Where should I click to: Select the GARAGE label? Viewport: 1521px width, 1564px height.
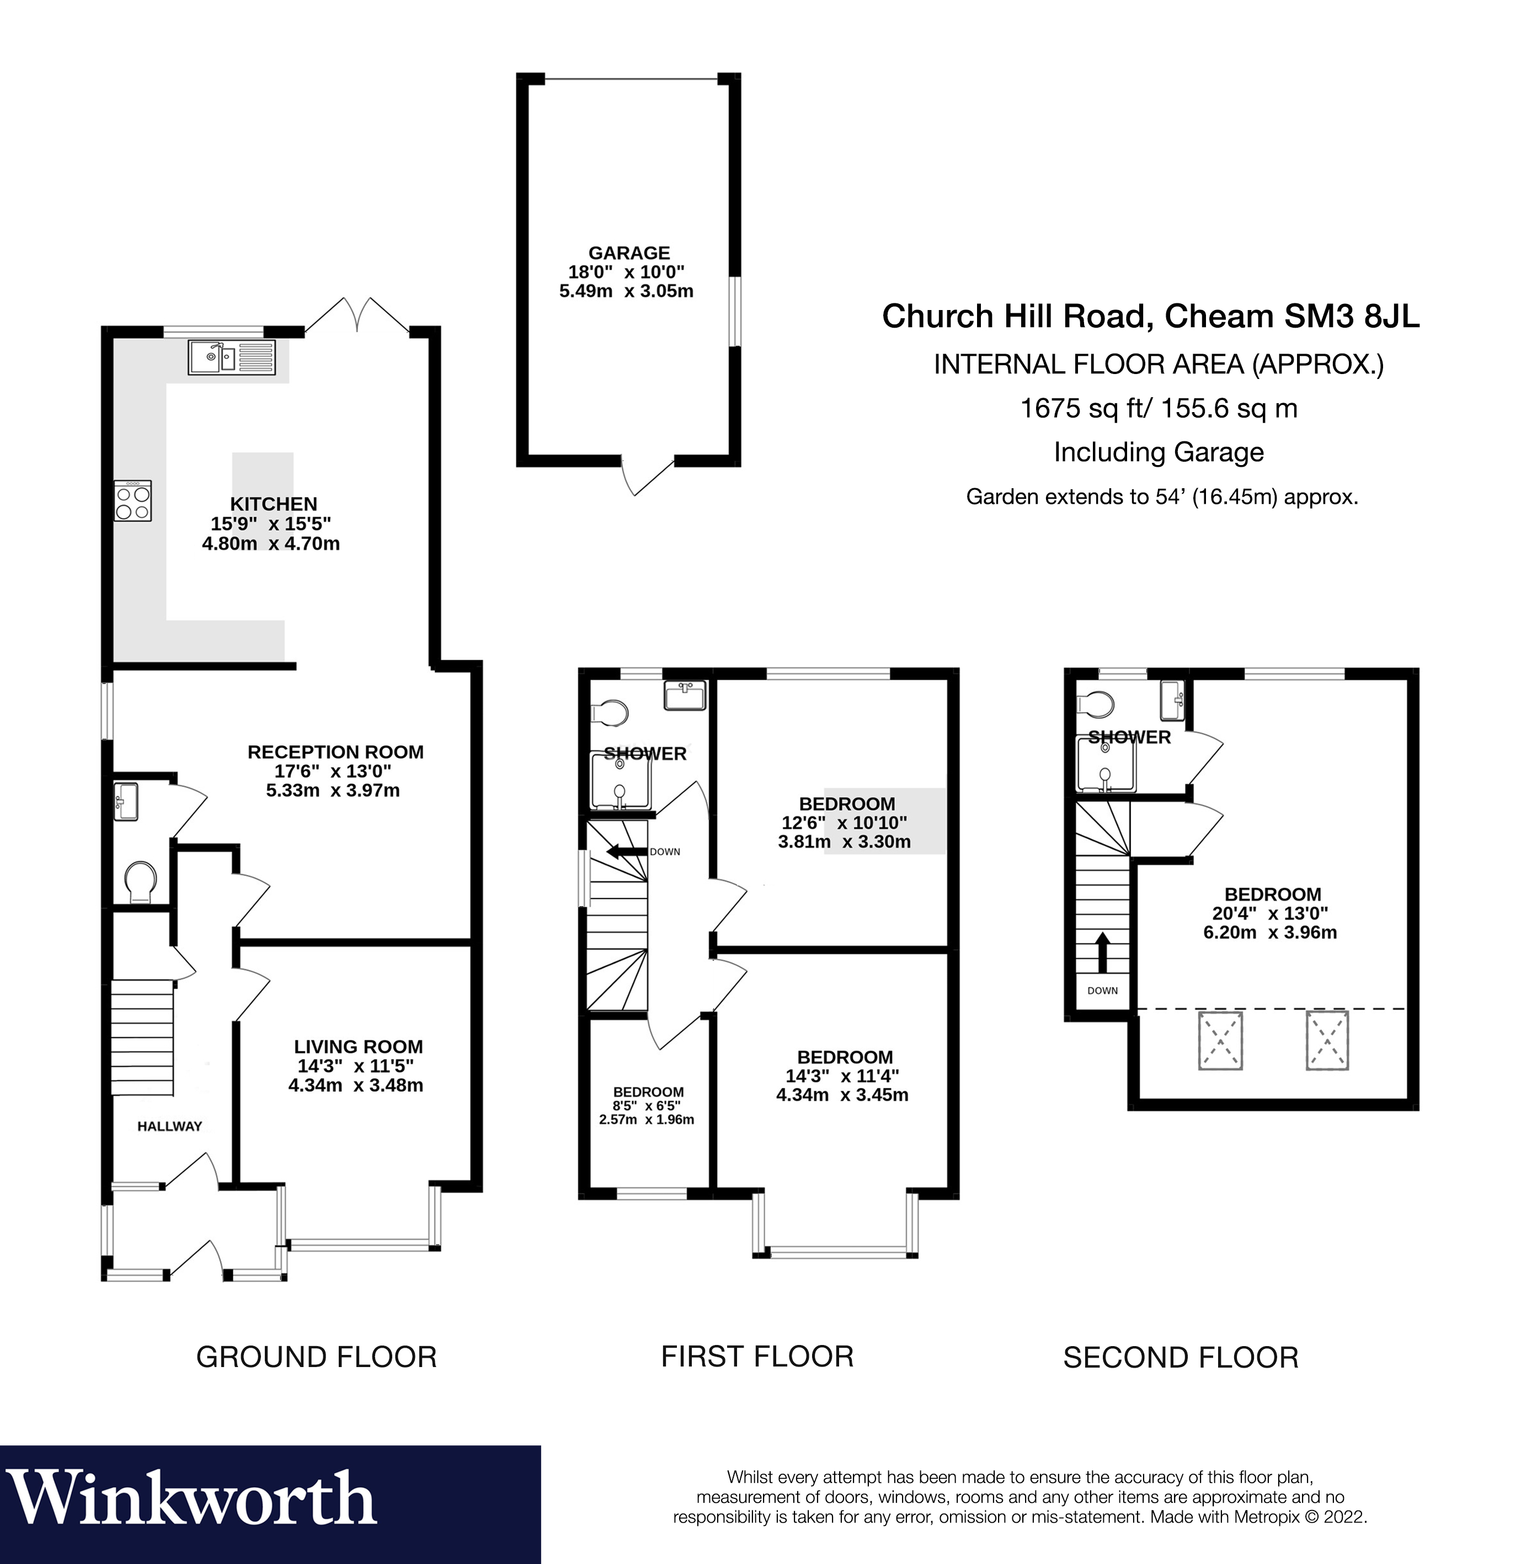pos(629,253)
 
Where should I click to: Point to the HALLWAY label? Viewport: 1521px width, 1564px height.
pos(169,1127)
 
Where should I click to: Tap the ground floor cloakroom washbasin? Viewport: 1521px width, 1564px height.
pos(126,801)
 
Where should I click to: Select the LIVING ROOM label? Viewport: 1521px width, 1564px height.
pos(358,1047)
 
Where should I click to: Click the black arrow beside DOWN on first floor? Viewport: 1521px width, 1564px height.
pos(626,851)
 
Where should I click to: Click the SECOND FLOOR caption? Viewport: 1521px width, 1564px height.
pos(1180,1358)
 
